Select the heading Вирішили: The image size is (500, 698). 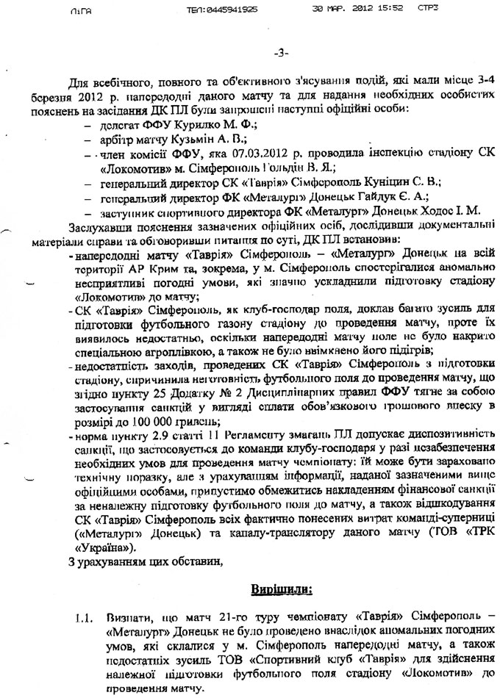click(282, 589)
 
